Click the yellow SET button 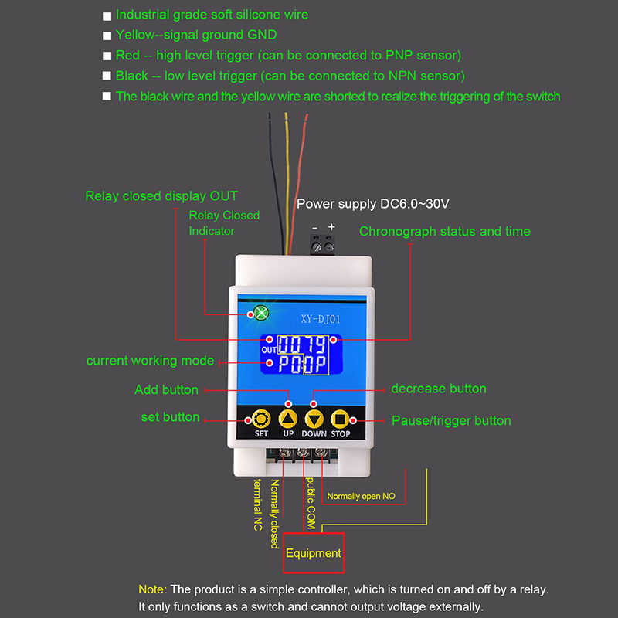click(x=261, y=419)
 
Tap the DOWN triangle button click(x=314, y=419)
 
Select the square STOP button click(x=341, y=419)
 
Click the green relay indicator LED click(x=260, y=314)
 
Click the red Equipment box click(x=313, y=553)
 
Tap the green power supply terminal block click(x=323, y=244)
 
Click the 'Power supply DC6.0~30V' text click(x=373, y=204)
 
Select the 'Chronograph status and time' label click(x=444, y=231)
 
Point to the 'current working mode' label click(x=150, y=361)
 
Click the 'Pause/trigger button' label click(x=451, y=420)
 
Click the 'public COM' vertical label click(x=311, y=503)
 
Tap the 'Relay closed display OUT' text click(x=161, y=196)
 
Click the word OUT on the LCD click(x=269, y=350)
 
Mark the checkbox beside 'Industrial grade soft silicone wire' click(x=107, y=15)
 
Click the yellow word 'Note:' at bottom click(x=152, y=589)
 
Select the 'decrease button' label click(x=439, y=389)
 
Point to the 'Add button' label click(x=166, y=390)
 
